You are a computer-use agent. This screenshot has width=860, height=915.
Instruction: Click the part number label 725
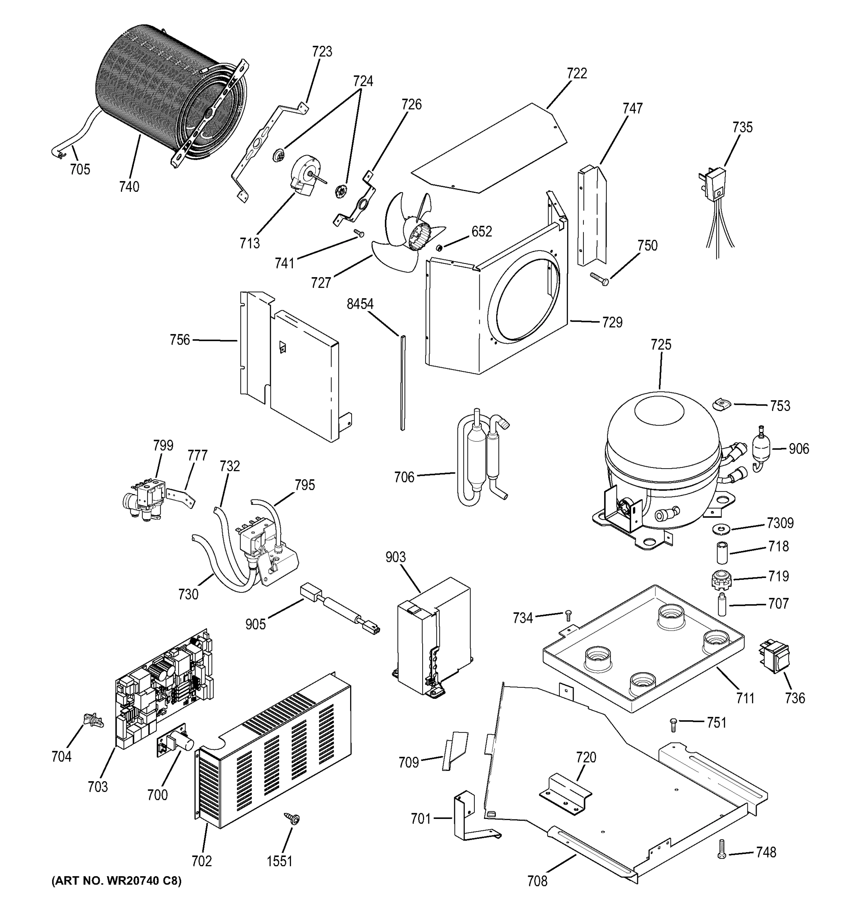(x=661, y=344)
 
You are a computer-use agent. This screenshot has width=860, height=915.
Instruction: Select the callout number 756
(x=180, y=340)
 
